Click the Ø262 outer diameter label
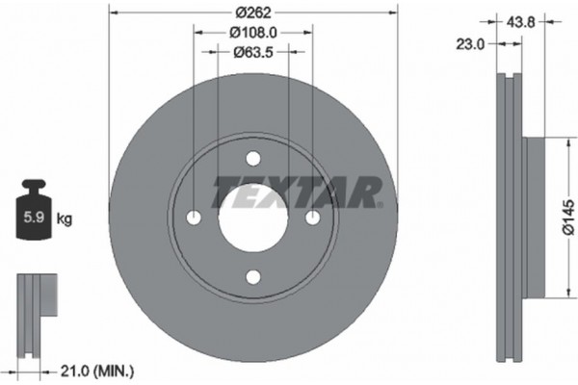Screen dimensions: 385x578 pyautogui.click(x=253, y=13)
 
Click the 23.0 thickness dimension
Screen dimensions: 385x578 pyautogui.click(x=472, y=42)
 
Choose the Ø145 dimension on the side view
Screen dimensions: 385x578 pyautogui.click(x=567, y=218)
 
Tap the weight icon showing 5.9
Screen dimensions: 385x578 pyautogui.click(x=34, y=213)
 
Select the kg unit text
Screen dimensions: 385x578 pyautogui.click(x=65, y=218)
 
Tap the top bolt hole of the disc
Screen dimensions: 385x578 pyautogui.click(x=253, y=159)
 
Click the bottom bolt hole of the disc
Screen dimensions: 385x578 pyautogui.click(x=253, y=277)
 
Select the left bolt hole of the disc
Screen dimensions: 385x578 pyautogui.click(x=194, y=218)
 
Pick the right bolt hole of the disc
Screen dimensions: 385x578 pyautogui.click(x=313, y=218)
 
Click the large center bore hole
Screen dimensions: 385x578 pyautogui.click(x=253, y=218)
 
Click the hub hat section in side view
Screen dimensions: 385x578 pyautogui.click(x=534, y=218)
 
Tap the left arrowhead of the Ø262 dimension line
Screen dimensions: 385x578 pyautogui.click(x=114, y=13)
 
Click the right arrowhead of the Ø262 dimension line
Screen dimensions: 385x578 pyautogui.click(x=393, y=13)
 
